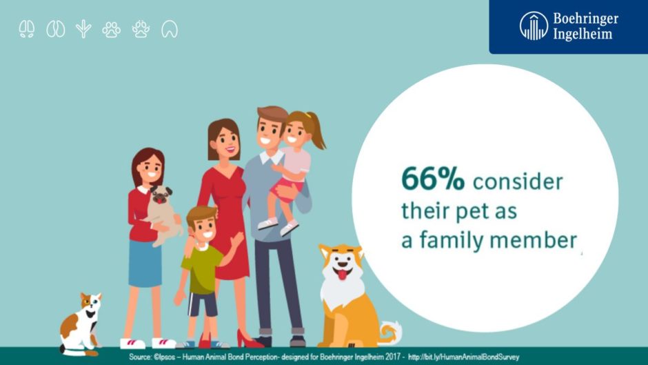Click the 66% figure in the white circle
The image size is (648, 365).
coord(433,179)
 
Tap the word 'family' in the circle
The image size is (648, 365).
coord(450,240)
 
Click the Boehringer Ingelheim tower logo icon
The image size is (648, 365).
coord(534,26)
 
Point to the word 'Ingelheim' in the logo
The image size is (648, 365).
coord(583,34)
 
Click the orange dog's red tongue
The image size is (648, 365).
coord(342,275)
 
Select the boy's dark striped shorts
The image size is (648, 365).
coord(203,304)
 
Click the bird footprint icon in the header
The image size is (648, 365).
coord(83,29)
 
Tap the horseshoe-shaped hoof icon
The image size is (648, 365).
coord(170,30)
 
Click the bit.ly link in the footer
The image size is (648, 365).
coord(463,357)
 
